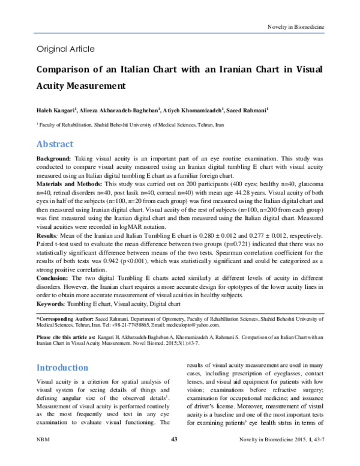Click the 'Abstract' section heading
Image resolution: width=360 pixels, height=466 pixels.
[x=55, y=144]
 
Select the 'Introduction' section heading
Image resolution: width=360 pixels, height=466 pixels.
[x=63, y=368]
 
